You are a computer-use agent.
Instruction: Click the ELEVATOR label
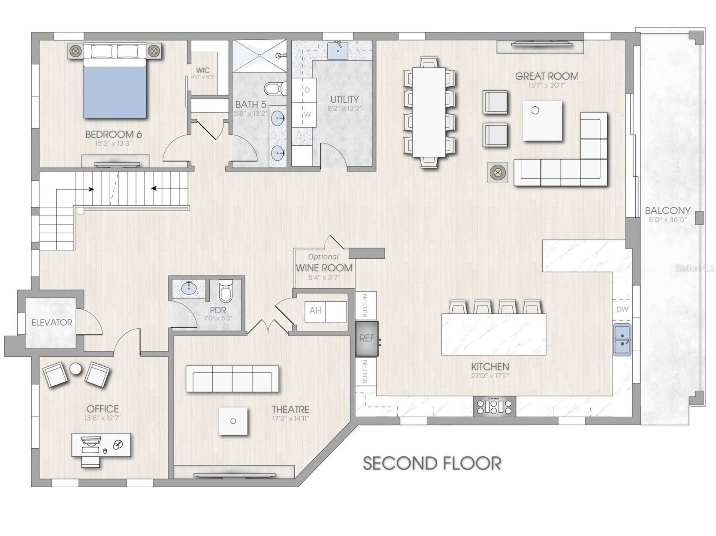(x=51, y=322)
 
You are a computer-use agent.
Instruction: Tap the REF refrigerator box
(x=367, y=338)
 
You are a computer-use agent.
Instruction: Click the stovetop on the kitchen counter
(x=494, y=406)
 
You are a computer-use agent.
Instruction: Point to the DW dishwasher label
(x=622, y=309)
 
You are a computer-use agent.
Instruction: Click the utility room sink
(x=338, y=50)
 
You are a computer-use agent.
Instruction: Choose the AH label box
(x=315, y=310)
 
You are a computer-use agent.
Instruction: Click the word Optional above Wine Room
(x=323, y=257)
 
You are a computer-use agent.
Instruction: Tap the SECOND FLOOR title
(x=432, y=463)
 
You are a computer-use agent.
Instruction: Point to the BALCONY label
(x=668, y=210)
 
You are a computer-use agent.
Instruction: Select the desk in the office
(x=101, y=445)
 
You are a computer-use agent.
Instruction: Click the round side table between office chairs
(x=76, y=369)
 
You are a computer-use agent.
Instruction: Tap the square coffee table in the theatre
(x=233, y=421)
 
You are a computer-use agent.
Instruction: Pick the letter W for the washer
(x=308, y=115)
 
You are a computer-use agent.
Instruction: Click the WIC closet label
(x=203, y=70)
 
